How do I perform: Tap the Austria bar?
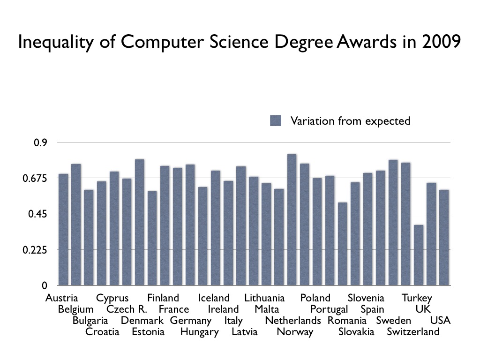coord(63,229)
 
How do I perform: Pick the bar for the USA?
coord(444,237)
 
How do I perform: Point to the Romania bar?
coord(343,244)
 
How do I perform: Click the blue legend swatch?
coord(276,121)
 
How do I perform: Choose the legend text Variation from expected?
coord(350,121)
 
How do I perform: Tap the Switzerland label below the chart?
coord(413,332)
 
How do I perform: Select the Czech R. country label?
coord(127,309)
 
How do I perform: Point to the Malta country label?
coord(267,309)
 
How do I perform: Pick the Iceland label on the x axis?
coord(214,298)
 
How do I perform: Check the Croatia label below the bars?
coord(102,332)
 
